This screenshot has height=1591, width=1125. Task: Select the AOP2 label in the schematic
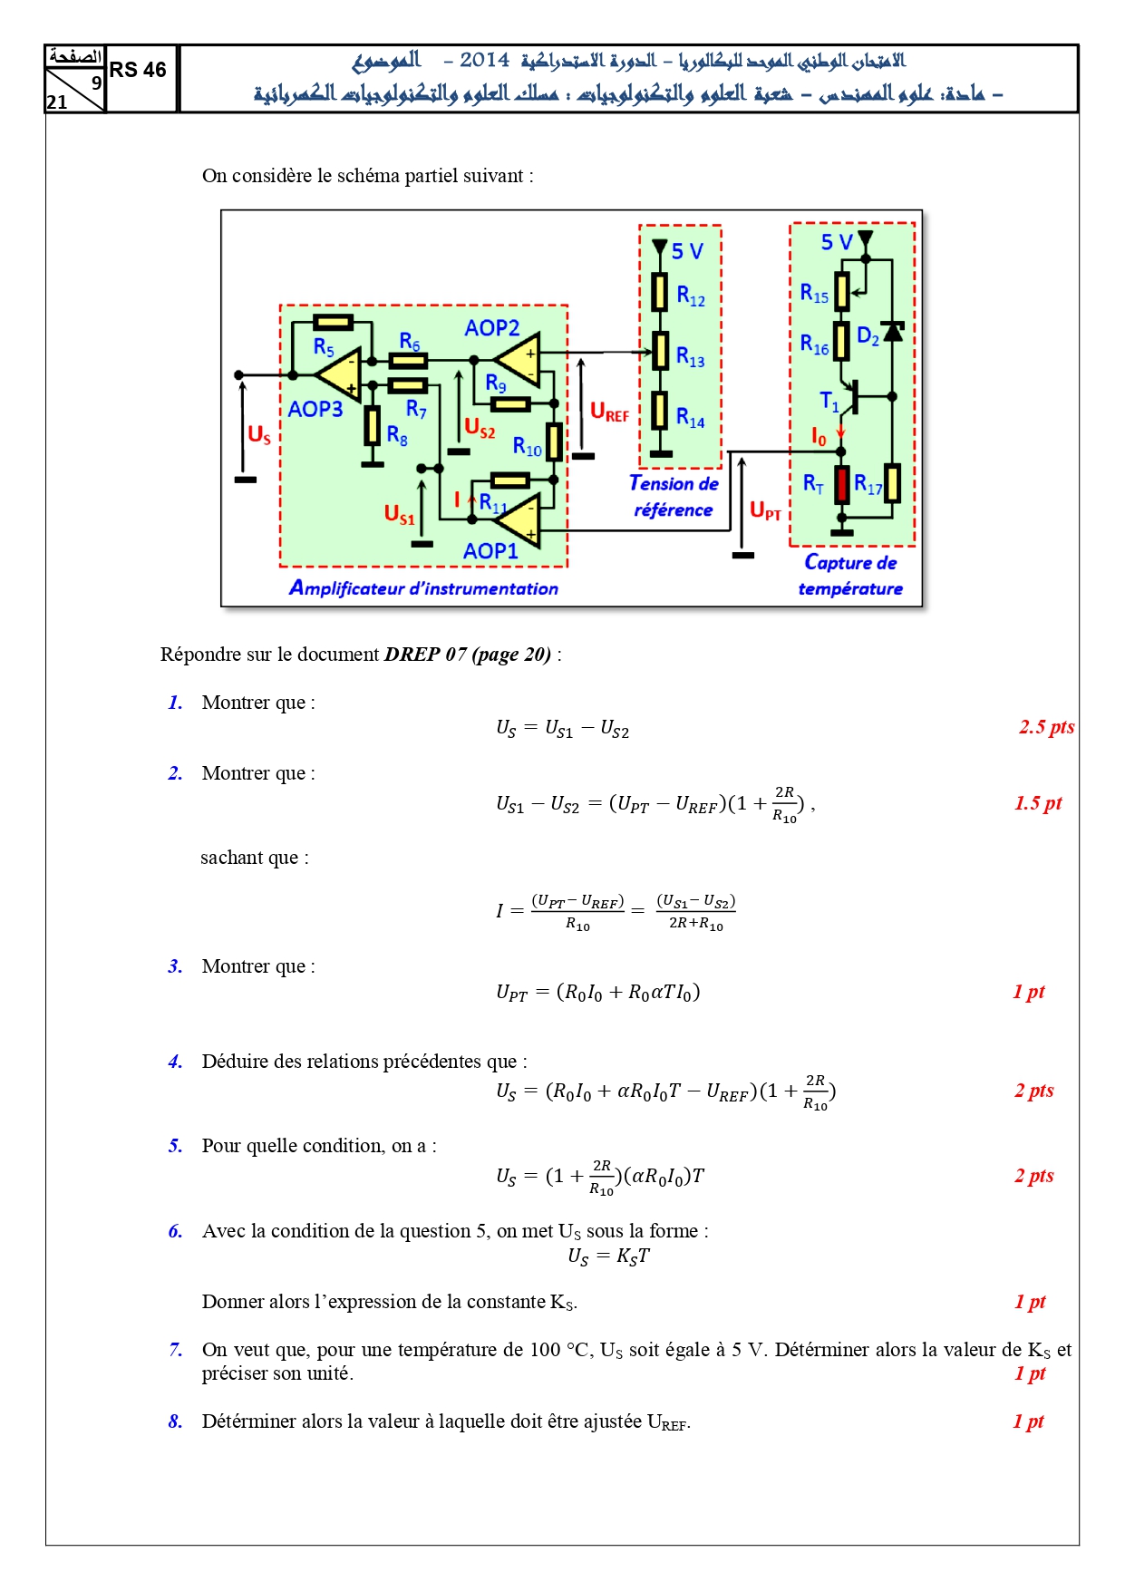pos(491,328)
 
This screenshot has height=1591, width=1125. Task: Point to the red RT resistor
pos(842,485)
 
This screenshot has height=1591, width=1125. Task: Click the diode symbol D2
pos(893,332)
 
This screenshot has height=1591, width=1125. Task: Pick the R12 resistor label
pos(691,296)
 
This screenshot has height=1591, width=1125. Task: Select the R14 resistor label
pos(691,417)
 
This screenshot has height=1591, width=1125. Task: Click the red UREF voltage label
pos(609,412)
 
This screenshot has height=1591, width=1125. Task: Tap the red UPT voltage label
pos(765,511)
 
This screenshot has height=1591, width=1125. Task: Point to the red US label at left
pos(259,435)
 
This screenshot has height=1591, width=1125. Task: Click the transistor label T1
pos(829,401)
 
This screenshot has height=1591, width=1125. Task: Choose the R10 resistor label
pos(527,447)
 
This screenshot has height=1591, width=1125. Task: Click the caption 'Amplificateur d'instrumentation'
pos(423,588)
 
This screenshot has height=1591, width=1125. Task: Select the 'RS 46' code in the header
pos(138,70)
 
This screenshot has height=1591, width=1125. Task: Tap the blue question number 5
pos(175,1146)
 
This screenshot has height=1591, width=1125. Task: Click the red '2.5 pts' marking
pos(1046,727)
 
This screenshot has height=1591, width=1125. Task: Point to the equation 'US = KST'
pos(608,1256)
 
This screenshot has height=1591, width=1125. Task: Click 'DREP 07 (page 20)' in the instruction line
pos(468,655)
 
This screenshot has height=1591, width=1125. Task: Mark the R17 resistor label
pos(868,485)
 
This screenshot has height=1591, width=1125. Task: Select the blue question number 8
pos(175,1421)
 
